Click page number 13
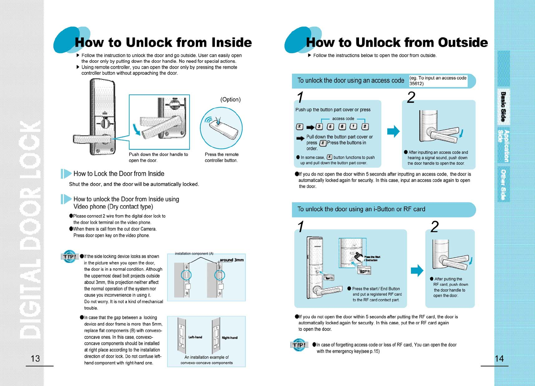35,358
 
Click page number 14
499,358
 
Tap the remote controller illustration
221,128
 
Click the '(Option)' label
230,100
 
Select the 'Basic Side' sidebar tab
504,107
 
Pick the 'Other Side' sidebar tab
504,185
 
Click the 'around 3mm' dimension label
231,260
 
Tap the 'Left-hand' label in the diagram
195,337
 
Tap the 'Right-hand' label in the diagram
230,338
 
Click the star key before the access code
299,127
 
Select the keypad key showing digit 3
319,127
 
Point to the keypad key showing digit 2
365,127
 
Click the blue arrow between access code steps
393,131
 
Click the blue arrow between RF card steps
417,270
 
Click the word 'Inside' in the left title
231,42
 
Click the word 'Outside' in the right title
463,42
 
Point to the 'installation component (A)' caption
194,254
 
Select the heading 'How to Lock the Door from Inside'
119,174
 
